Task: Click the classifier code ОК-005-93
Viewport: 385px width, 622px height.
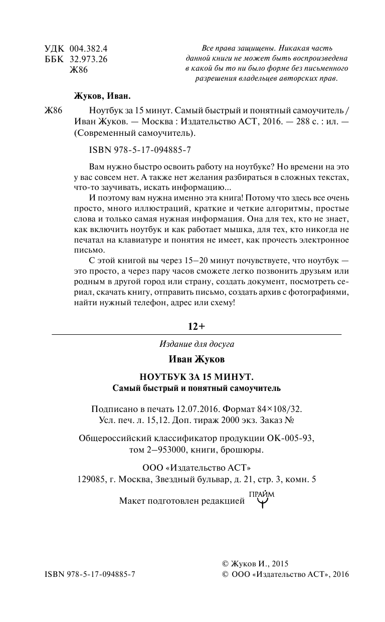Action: click(291, 438)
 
